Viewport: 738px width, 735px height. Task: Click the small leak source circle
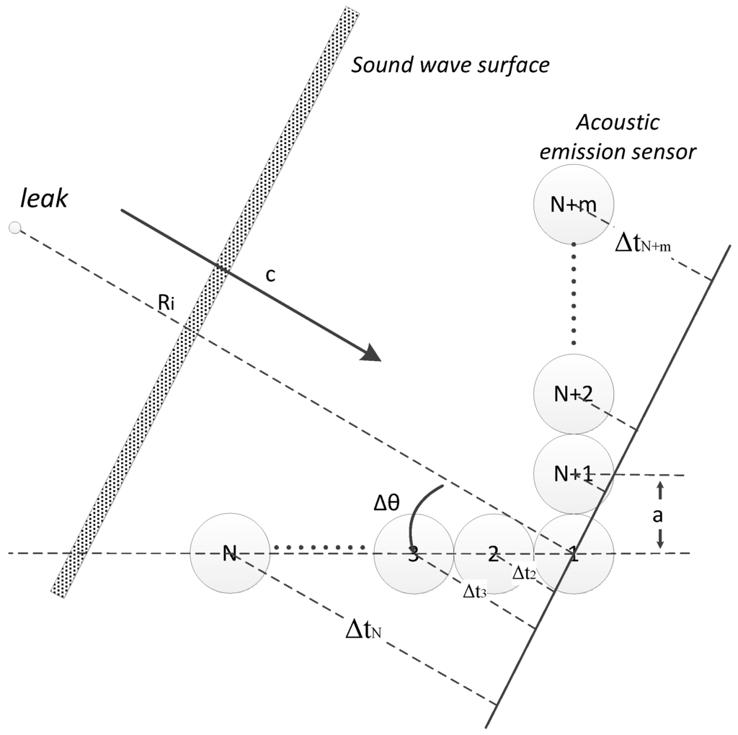coord(14,228)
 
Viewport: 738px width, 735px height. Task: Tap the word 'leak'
coord(43,199)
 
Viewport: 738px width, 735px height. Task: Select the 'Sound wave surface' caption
coord(450,66)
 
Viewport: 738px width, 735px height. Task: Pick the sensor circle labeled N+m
coord(573,205)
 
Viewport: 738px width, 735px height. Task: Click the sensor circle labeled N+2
coord(573,393)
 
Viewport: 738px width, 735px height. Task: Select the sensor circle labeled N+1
coord(573,473)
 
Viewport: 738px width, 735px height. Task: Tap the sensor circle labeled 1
coord(574,554)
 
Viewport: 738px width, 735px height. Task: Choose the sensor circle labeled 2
coord(492,554)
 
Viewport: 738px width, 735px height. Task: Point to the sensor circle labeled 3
coord(413,554)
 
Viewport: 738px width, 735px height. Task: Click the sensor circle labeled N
coord(229,554)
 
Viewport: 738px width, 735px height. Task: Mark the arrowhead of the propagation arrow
coord(370,353)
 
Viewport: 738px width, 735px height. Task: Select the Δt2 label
coord(523,574)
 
